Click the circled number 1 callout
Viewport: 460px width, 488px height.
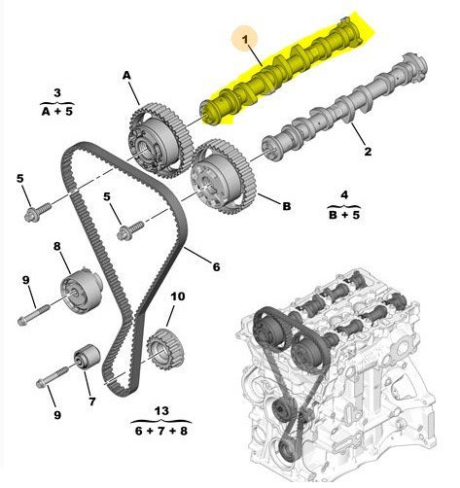pyautogui.click(x=245, y=40)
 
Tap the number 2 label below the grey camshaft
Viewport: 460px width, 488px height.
pyautogui.click(x=368, y=152)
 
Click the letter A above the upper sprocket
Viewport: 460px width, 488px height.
pyautogui.click(x=126, y=76)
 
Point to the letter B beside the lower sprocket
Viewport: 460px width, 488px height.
pyautogui.click(x=287, y=206)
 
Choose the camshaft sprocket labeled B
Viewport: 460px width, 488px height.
pyautogui.click(x=225, y=176)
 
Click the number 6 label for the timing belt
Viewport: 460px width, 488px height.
pyautogui.click(x=216, y=266)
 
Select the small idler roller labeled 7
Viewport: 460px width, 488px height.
pyautogui.click(x=87, y=357)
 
